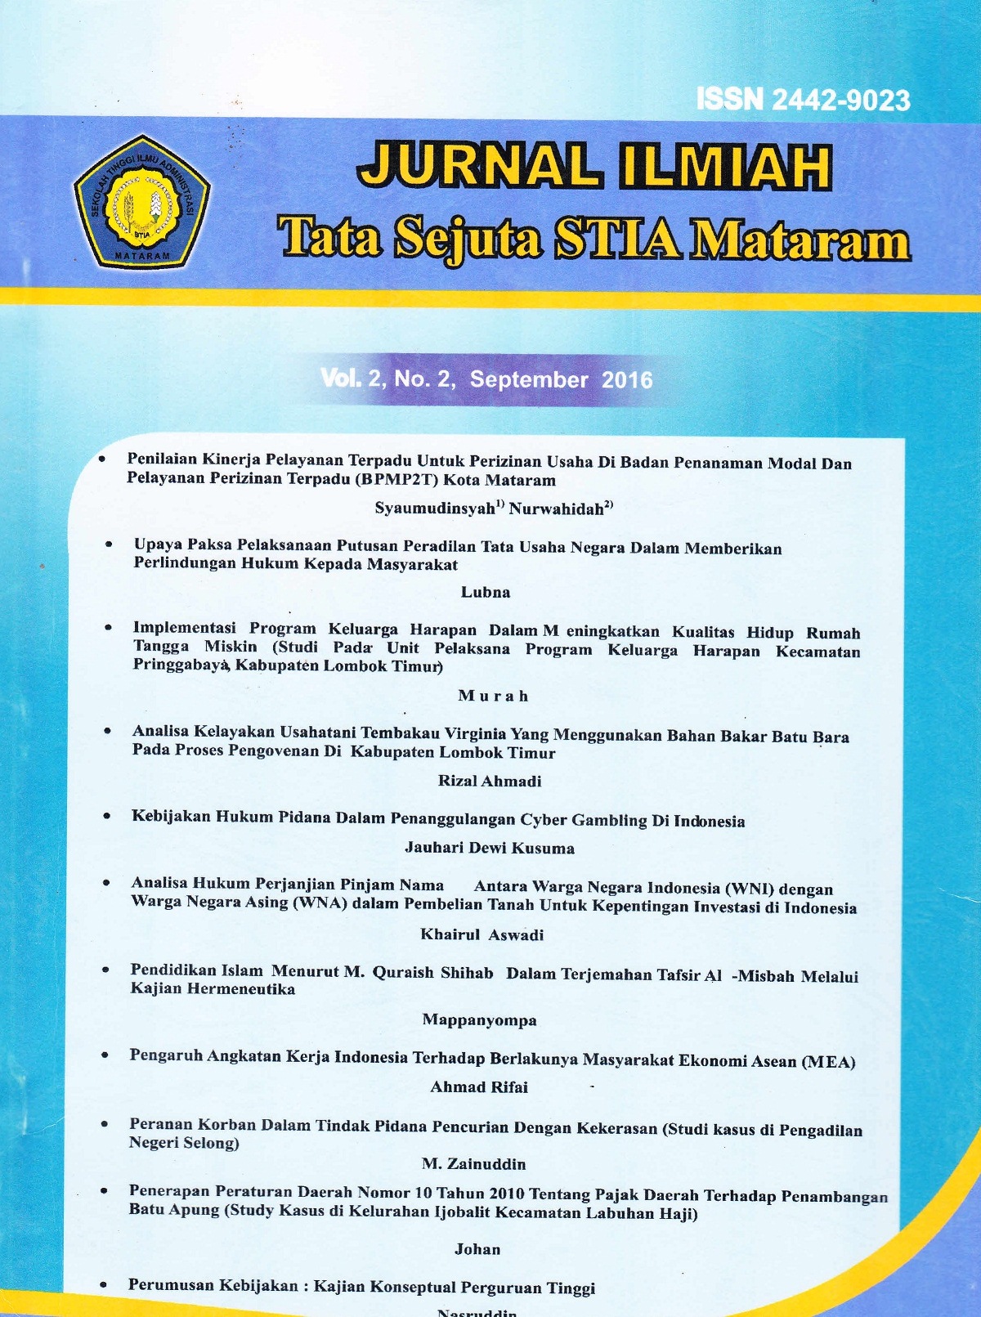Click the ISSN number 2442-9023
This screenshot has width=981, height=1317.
tap(840, 101)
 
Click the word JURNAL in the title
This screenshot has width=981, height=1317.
tap(478, 166)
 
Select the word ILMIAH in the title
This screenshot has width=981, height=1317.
tap(725, 168)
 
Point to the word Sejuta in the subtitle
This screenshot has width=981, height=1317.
tap(467, 240)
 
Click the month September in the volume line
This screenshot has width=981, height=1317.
tap(528, 379)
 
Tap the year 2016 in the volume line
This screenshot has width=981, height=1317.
tap(627, 380)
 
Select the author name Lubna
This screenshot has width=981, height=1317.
tap(486, 593)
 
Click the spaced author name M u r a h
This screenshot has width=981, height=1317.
tap(493, 696)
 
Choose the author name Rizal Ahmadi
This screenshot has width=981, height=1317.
tap(490, 781)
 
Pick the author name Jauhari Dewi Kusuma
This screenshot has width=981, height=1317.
tap(490, 849)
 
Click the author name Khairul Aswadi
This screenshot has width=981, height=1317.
tap(482, 934)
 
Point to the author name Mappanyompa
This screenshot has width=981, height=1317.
tap(479, 1019)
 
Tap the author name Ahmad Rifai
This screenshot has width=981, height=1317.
tap(479, 1087)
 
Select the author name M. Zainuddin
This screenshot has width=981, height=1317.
tap(473, 1163)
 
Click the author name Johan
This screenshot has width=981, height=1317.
tap(477, 1249)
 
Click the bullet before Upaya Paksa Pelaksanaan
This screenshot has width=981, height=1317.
tap(109, 544)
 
